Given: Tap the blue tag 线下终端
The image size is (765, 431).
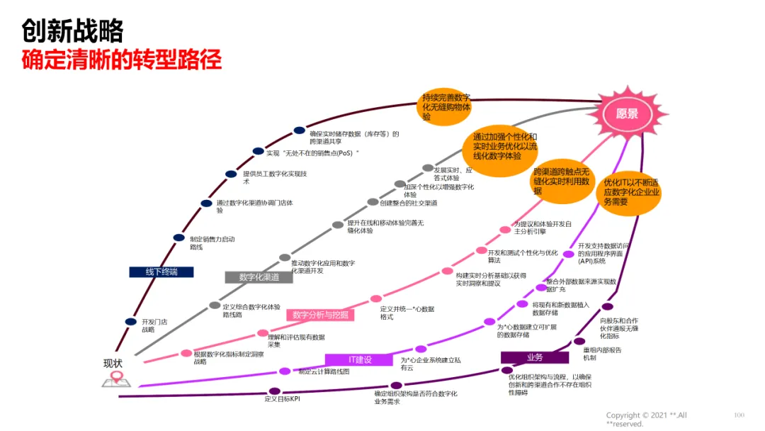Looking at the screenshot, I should point(162,272).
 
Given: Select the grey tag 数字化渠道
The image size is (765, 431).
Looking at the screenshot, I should point(259,277).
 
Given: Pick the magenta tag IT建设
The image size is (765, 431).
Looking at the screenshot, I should point(358,359).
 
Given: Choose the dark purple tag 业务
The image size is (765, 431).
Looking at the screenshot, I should point(535,357).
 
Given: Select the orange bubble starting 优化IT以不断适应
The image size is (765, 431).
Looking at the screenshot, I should point(631,191).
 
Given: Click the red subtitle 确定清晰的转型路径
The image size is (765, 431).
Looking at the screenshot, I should point(122,60).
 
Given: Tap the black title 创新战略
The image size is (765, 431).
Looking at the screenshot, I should point(72,30).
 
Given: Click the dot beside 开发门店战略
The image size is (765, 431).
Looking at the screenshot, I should point(131,322).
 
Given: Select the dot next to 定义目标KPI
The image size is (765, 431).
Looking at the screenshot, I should point(275,391).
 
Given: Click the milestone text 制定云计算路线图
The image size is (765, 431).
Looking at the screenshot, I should point(324,371).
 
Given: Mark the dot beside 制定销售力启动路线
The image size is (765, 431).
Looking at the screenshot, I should point(179,238).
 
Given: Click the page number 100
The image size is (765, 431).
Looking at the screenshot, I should point(739,415).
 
